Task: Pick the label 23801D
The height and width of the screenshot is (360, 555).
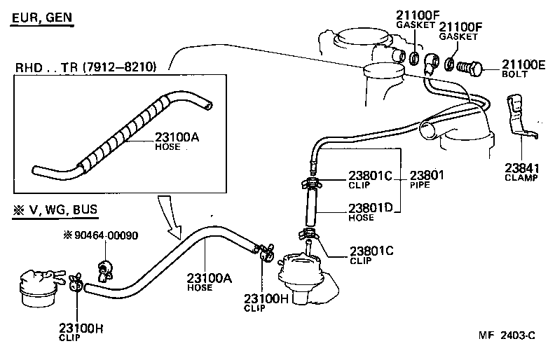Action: coord(371,207)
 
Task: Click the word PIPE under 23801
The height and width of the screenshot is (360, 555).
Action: coord(420,187)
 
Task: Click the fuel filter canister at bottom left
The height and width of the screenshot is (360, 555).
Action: coord(35,285)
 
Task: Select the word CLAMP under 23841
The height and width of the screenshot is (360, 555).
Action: coord(520,178)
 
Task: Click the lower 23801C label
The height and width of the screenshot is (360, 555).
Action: coord(371,251)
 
